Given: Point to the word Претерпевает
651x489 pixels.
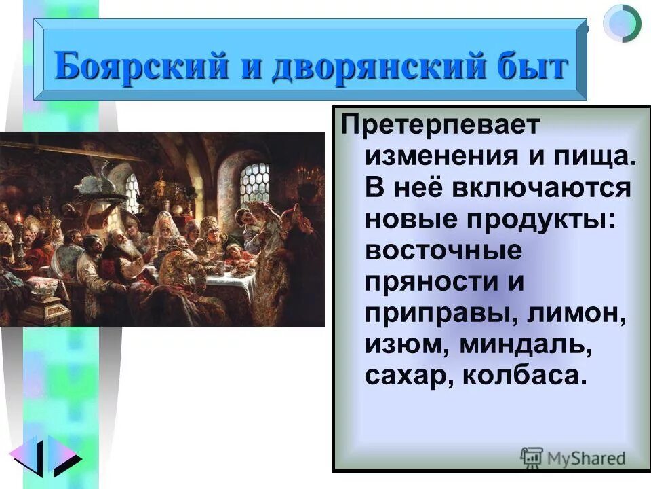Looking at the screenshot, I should click(x=440, y=125).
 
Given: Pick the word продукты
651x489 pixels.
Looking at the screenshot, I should click(x=538, y=219).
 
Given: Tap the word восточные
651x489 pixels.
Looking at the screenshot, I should click(x=444, y=250).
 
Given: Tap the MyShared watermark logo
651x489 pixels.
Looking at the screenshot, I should click(x=572, y=458).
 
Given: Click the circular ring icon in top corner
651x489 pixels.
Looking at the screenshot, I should click(x=622, y=23).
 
